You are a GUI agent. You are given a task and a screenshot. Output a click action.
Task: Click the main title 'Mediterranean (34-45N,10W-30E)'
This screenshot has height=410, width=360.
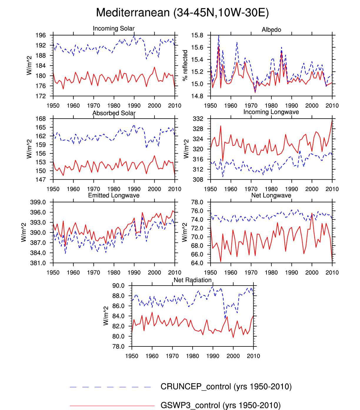(182, 13)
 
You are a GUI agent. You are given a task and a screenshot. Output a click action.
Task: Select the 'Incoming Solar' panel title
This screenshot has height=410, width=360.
(114, 29)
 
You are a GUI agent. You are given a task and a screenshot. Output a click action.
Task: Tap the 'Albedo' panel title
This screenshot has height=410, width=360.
(271, 30)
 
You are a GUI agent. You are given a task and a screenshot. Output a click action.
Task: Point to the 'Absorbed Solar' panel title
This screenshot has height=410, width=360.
(114, 113)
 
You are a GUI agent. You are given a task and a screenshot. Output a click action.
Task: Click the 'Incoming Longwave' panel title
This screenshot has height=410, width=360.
(271, 112)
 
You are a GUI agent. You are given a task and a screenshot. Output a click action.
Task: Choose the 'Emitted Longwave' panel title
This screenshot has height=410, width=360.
(114, 195)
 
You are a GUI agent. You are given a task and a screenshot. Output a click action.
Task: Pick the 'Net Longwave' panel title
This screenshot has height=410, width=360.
(271, 195)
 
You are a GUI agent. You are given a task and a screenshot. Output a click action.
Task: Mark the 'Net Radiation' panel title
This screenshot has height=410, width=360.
(192, 280)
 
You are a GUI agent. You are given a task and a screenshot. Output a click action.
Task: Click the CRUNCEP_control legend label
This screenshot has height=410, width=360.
(226, 386)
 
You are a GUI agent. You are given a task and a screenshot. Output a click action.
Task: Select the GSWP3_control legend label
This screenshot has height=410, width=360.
(220, 405)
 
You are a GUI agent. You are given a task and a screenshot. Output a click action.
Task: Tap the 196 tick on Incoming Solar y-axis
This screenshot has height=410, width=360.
(41, 35)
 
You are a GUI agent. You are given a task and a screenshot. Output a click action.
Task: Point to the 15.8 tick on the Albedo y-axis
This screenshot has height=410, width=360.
(197, 35)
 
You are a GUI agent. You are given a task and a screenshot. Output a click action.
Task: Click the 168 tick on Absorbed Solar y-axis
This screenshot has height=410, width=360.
(41, 119)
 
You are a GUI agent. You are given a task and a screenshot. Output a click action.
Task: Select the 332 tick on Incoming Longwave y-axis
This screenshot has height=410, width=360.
(198, 119)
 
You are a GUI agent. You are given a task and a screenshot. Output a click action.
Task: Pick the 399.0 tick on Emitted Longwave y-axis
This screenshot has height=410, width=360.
(38, 202)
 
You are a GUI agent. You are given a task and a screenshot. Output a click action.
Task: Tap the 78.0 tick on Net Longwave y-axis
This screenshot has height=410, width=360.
(197, 202)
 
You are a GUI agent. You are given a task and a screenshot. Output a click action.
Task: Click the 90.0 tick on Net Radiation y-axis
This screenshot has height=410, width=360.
(118, 286)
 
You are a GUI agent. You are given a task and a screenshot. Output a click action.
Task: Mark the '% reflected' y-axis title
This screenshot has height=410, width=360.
(185, 65)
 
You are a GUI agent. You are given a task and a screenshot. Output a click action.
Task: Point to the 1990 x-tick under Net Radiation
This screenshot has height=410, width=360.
(213, 356)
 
